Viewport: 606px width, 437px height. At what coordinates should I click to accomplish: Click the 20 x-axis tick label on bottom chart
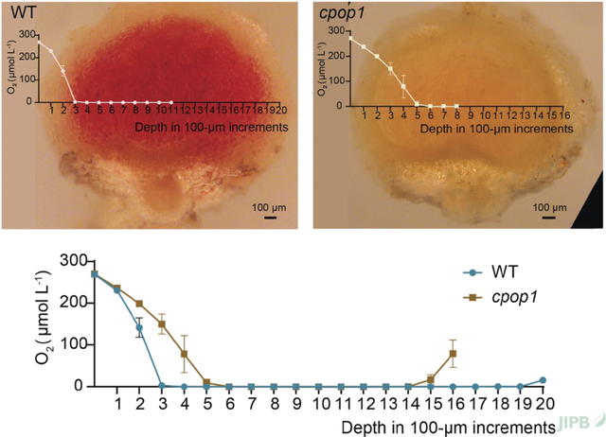(x=544, y=404)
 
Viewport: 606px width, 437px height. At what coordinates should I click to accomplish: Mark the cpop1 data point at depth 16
(x=454, y=354)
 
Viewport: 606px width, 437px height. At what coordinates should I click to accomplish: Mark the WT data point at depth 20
(x=544, y=380)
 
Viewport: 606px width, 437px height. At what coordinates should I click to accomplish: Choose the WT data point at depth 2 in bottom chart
(x=139, y=328)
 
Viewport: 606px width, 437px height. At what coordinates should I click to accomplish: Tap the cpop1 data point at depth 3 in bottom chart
(x=162, y=324)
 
